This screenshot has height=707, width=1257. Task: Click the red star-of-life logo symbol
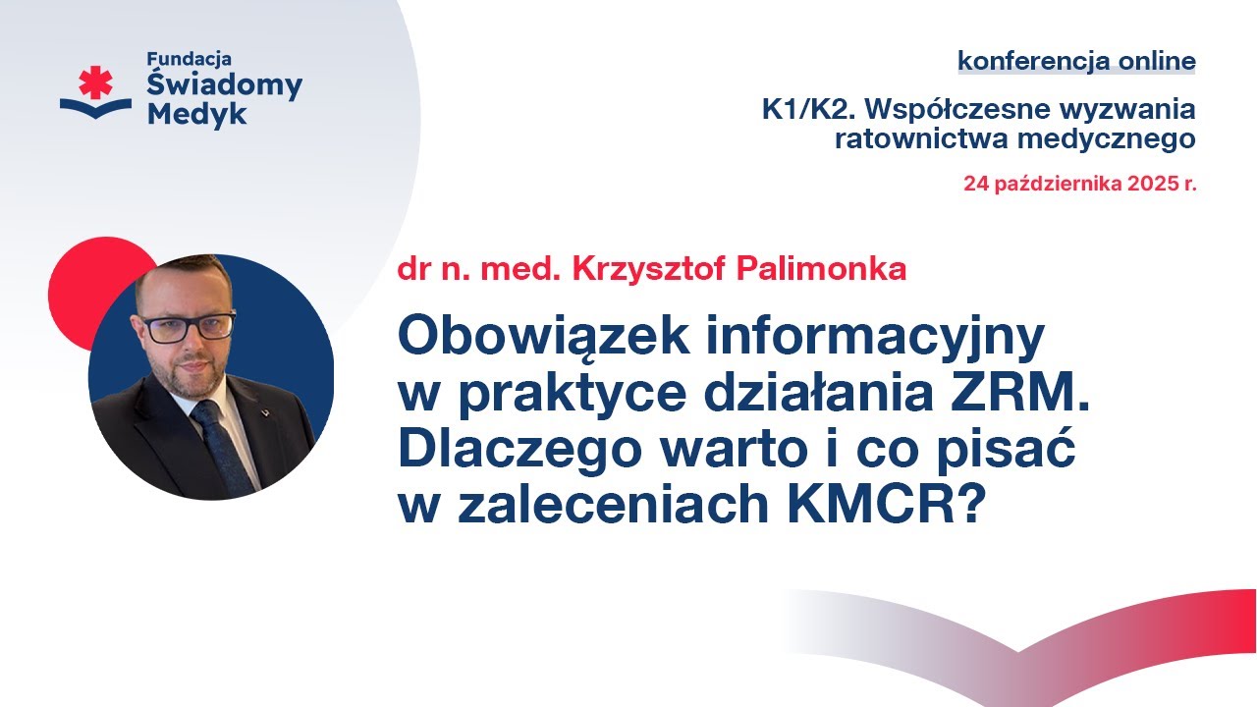[x=96, y=82]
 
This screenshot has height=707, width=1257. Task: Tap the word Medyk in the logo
[x=197, y=114]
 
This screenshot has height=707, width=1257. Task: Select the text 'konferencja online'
[x=1076, y=61]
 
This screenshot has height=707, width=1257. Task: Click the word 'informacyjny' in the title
[x=862, y=339]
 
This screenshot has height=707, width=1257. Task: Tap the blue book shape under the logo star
[x=95, y=108]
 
